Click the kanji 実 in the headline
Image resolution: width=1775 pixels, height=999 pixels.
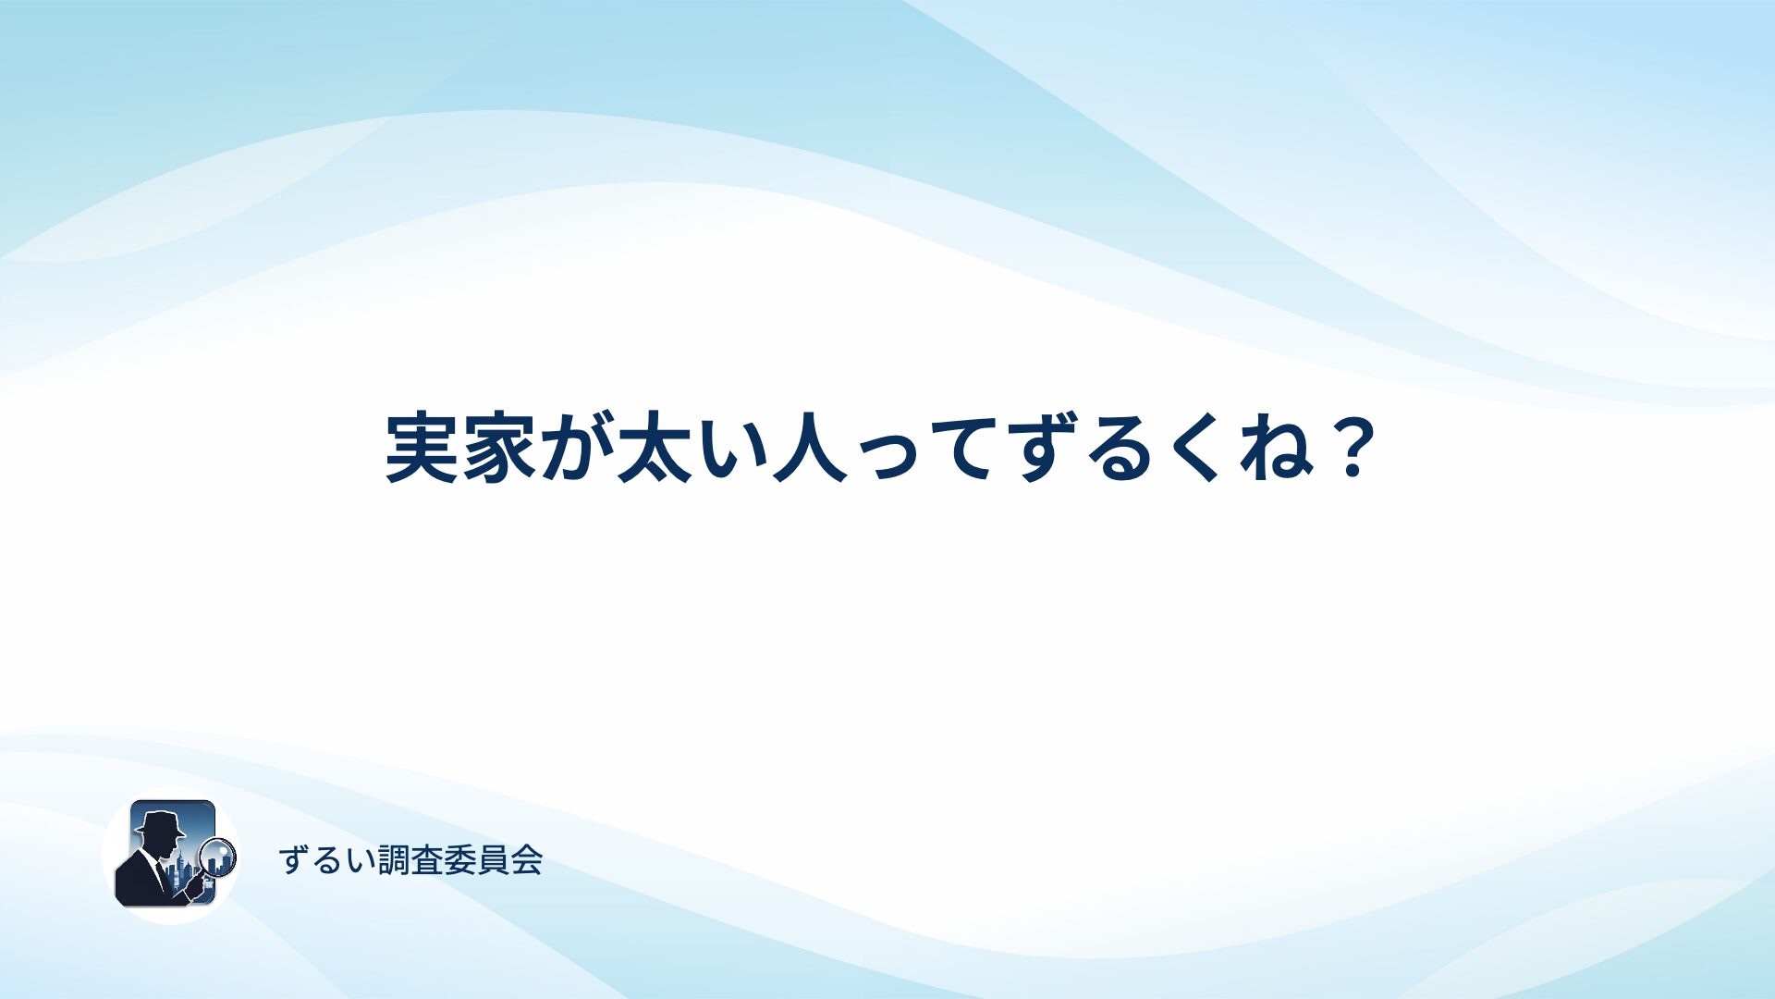pyautogui.click(x=422, y=449)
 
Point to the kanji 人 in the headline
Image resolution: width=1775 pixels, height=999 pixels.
pyautogui.click(x=810, y=449)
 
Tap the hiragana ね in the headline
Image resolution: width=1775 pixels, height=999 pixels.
pyautogui.click(x=1277, y=449)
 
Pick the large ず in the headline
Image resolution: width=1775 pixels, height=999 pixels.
pyautogui.click(x=1045, y=449)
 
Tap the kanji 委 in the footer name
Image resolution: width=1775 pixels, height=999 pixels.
pyautogui.click(x=460, y=860)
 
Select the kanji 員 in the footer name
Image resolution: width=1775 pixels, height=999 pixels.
pyautogui.click(x=494, y=860)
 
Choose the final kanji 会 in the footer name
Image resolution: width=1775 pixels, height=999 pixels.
pyautogui.click(x=527, y=860)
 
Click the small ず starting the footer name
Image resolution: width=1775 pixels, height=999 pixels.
pyautogui.click(x=294, y=860)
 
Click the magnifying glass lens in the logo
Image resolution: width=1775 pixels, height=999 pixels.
pyautogui.click(x=218, y=857)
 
